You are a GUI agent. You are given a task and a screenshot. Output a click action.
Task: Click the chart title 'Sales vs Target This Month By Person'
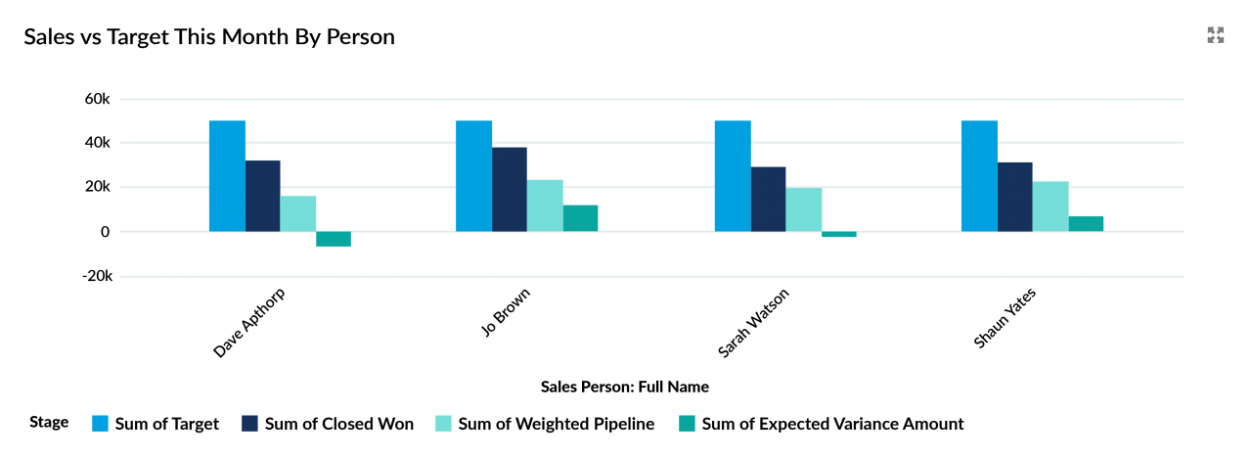click(x=209, y=37)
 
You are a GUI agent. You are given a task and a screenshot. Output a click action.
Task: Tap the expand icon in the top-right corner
click(x=1216, y=36)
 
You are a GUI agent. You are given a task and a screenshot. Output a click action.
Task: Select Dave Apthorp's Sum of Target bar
click(x=227, y=176)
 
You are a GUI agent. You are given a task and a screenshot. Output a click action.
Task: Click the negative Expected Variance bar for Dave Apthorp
click(x=334, y=239)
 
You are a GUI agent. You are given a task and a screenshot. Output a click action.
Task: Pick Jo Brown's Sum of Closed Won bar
click(x=510, y=189)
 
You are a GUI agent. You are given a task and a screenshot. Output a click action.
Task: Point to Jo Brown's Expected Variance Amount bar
click(x=580, y=218)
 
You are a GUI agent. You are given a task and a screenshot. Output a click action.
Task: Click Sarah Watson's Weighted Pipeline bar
click(x=804, y=209)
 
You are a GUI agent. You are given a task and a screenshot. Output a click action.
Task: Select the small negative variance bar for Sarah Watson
click(x=839, y=235)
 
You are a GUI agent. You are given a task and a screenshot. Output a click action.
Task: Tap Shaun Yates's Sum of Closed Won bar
click(x=1014, y=197)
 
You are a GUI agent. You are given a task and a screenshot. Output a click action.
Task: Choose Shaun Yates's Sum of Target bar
click(x=979, y=176)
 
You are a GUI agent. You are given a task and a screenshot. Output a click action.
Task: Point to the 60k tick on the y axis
click(x=98, y=99)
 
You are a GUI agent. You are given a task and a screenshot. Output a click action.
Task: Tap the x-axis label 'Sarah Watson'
click(x=754, y=322)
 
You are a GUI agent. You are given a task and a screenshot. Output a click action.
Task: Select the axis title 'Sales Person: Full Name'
click(x=625, y=387)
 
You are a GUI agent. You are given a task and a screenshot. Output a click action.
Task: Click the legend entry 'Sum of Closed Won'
click(x=338, y=424)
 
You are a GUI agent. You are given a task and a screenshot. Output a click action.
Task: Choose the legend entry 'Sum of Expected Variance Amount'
click(x=832, y=424)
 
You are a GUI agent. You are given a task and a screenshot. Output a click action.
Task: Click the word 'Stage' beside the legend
click(x=49, y=423)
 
